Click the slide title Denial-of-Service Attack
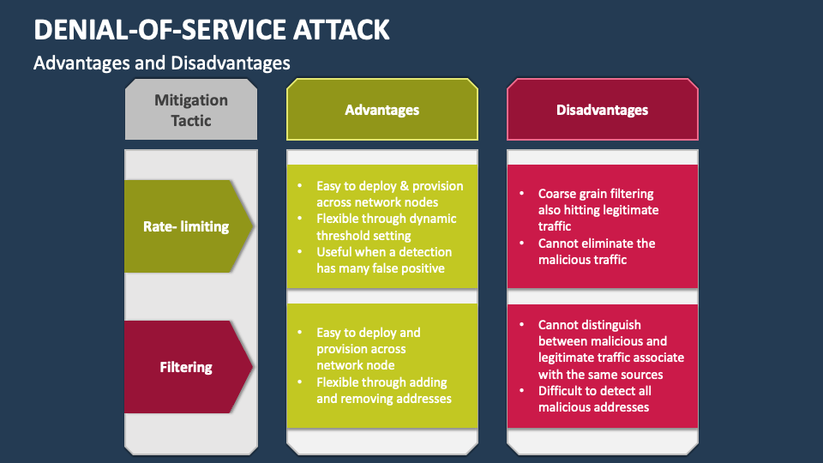211,29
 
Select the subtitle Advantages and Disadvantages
161,63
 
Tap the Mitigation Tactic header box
191,110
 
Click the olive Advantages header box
381,110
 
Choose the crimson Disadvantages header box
602,110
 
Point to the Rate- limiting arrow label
186,226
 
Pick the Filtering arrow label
186,367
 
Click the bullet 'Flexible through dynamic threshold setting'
386,227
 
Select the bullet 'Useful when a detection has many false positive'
383,260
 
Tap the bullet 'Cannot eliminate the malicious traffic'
596,251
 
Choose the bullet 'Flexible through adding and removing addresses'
383,390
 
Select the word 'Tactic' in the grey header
191,121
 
